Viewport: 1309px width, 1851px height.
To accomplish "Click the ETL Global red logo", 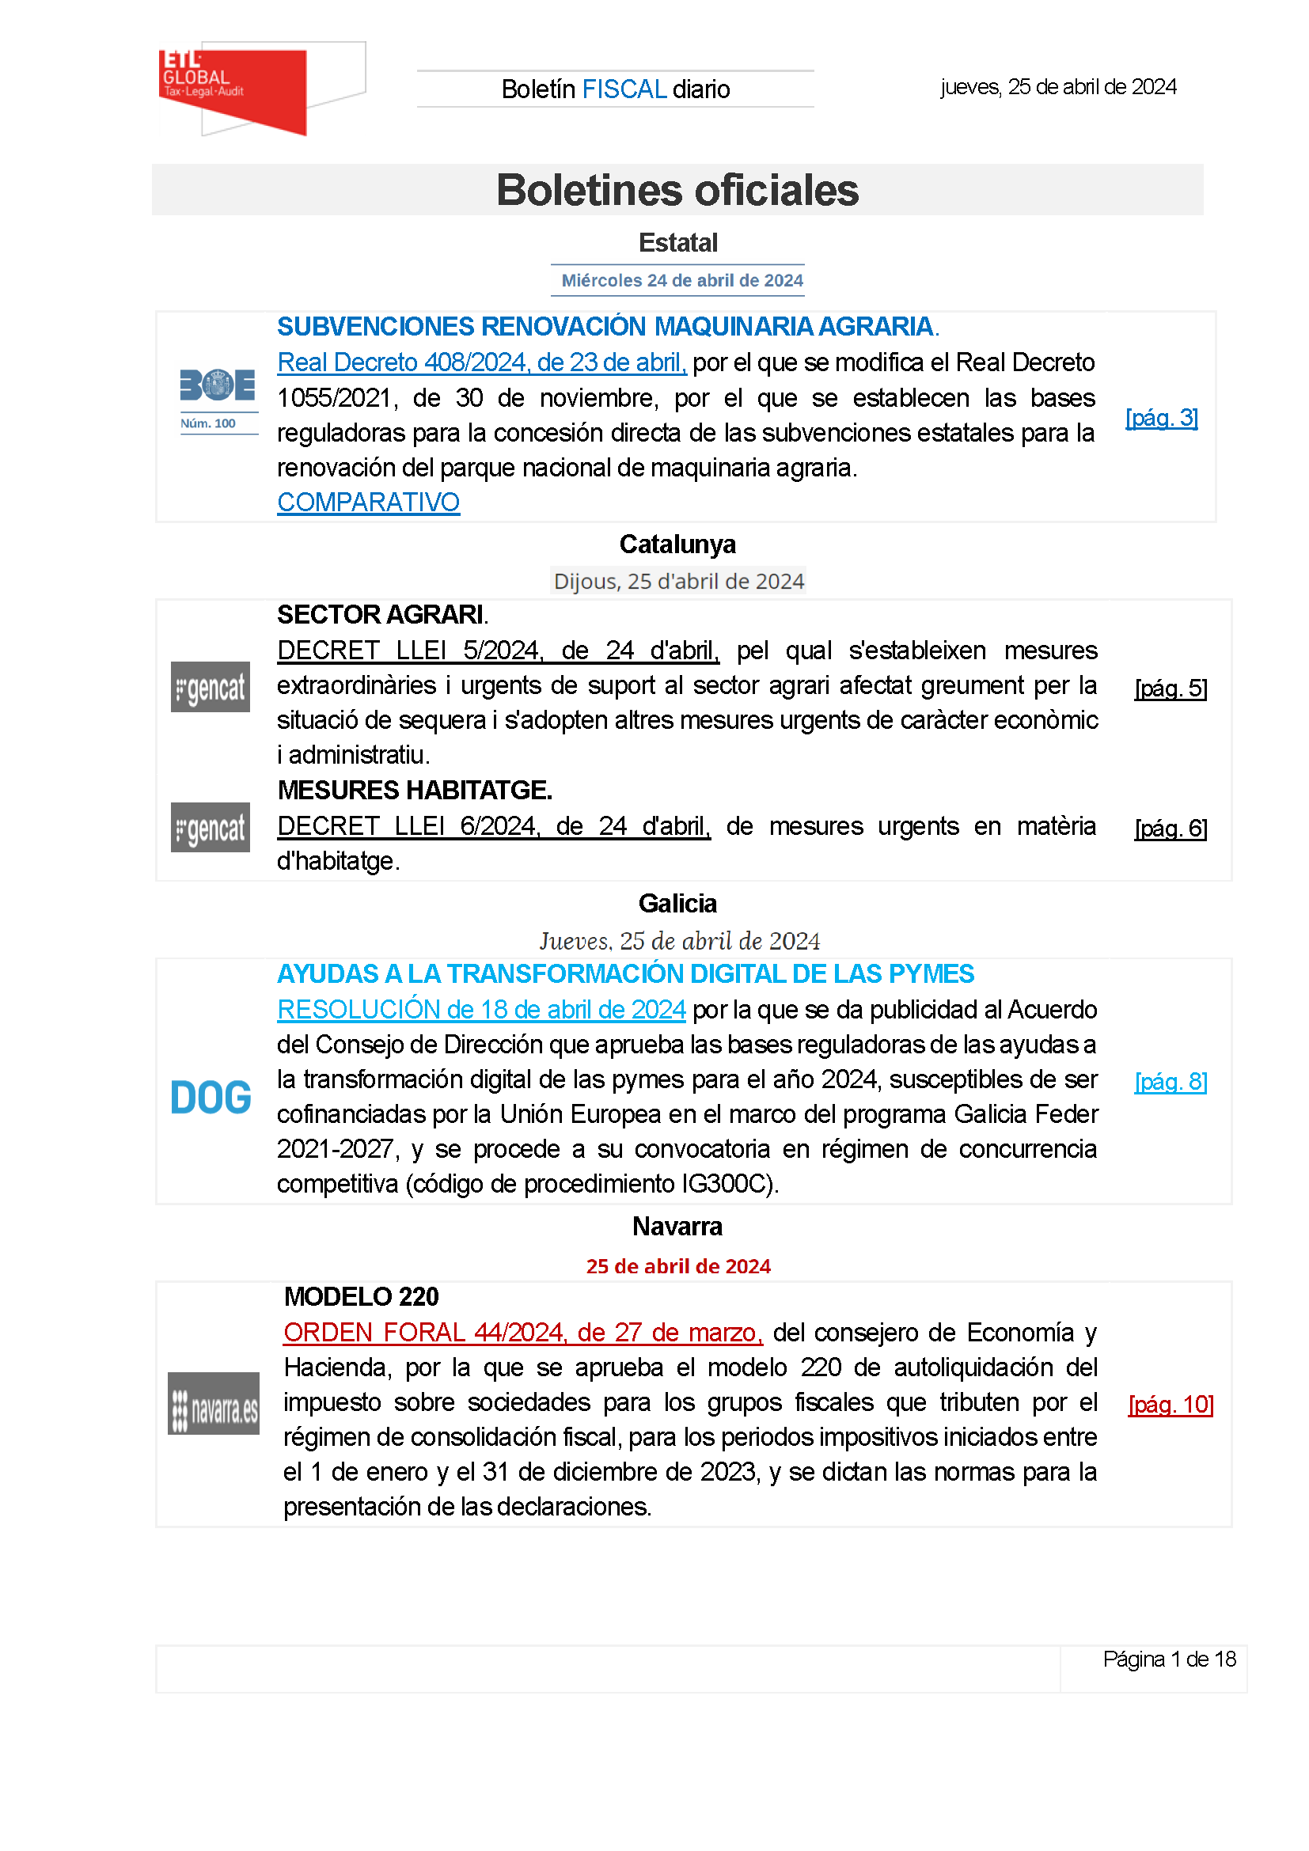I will (233, 89).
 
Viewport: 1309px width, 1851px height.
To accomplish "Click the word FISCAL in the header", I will (624, 89).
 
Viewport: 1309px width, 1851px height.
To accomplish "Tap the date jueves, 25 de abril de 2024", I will (1057, 87).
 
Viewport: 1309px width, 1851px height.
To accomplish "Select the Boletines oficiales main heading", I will (677, 190).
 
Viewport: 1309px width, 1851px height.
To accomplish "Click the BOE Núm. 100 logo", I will (218, 399).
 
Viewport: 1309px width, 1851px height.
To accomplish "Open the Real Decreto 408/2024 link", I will (481, 362).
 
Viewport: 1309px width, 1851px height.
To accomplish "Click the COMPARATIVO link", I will (368, 503).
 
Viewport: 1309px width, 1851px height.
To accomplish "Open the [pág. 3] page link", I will (1162, 418).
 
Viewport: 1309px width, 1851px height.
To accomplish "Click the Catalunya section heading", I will (677, 544).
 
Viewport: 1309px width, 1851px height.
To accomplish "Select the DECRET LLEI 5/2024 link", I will (497, 650).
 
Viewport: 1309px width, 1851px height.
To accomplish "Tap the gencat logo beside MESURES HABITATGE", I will (211, 827).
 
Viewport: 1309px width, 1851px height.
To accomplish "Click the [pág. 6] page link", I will (1171, 829).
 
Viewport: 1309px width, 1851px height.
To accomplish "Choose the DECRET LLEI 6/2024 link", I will (493, 825).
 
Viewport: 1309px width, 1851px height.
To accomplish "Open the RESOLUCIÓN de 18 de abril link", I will (481, 1009).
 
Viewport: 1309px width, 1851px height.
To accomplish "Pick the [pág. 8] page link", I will (1171, 1082).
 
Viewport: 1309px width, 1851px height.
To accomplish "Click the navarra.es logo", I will (214, 1404).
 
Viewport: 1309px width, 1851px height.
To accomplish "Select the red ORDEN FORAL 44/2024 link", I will (523, 1333).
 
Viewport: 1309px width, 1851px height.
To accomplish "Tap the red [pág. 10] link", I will (1171, 1405).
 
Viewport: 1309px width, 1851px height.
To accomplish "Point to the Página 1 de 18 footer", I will (1169, 1659).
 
